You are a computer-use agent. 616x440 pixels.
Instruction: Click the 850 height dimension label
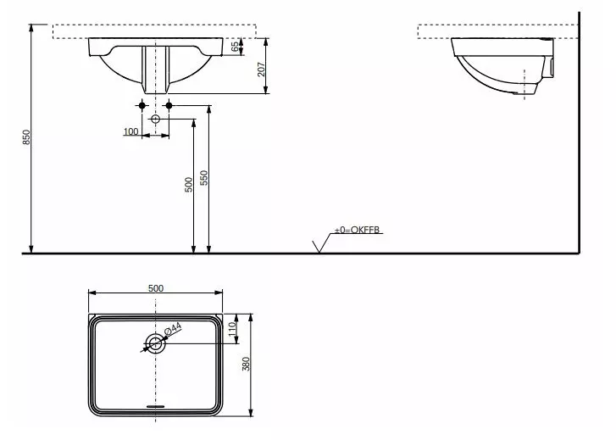point(26,137)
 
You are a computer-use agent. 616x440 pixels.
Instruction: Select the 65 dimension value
point(236,48)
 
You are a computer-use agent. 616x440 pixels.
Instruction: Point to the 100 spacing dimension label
point(130,131)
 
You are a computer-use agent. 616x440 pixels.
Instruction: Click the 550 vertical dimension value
point(204,178)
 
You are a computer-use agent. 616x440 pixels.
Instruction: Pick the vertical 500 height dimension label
point(189,185)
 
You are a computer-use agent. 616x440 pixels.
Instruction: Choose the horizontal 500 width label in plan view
point(156,288)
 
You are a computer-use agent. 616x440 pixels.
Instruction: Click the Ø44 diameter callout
point(172,329)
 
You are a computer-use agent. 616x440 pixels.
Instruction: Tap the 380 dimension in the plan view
point(247,365)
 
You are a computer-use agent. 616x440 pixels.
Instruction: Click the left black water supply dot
point(141,105)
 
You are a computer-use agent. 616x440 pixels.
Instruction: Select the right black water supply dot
point(169,105)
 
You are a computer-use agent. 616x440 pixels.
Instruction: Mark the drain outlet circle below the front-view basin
point(155,120)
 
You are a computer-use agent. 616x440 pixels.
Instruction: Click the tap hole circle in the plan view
point(156,343)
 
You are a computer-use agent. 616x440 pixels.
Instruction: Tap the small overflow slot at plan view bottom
point(156,405)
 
